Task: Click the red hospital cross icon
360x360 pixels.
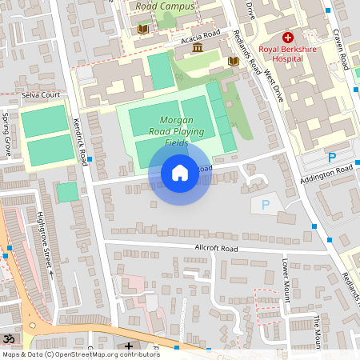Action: (x=287, y=38)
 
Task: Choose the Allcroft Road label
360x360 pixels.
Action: (x=217, y=249)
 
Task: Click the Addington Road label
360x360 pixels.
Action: (x=326, y=171)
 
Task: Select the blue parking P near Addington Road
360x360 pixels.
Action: (x=330, y=157)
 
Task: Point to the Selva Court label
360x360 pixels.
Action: (x=42, y=94)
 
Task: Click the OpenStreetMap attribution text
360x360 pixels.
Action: (x=80, y=354)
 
